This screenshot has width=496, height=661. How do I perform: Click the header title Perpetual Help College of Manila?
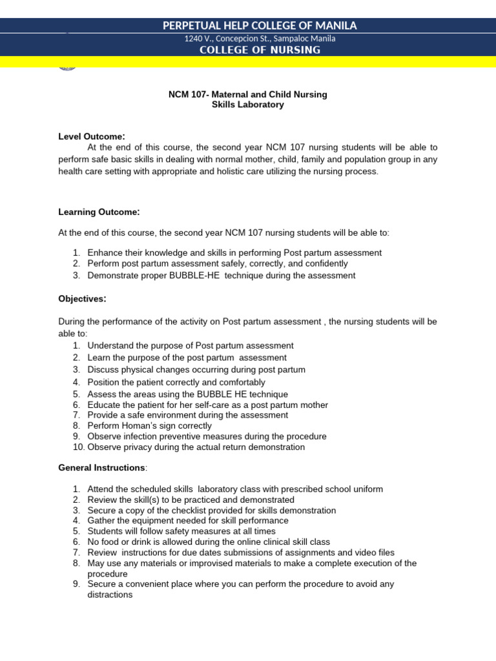click(x=260, y=26)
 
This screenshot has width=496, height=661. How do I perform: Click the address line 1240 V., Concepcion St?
click(x=260, y=39)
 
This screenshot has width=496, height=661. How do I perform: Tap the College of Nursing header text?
click(x=260, y=50)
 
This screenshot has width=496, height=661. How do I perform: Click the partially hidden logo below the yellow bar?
click(x=67, y=66)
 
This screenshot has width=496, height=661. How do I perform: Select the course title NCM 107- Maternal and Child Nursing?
click(x=247, y=94)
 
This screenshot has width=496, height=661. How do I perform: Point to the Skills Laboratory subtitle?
click(x=247, y=105)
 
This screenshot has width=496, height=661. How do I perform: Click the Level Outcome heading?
click(x=91, y=136)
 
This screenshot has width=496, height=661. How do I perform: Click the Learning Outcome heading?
click(x=99, y=212)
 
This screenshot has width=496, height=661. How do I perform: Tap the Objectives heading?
click(x=82, y=299)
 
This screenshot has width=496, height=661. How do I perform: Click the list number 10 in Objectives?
click(x=78, y=447)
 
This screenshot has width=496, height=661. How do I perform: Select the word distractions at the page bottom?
click(x=110, y=595)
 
